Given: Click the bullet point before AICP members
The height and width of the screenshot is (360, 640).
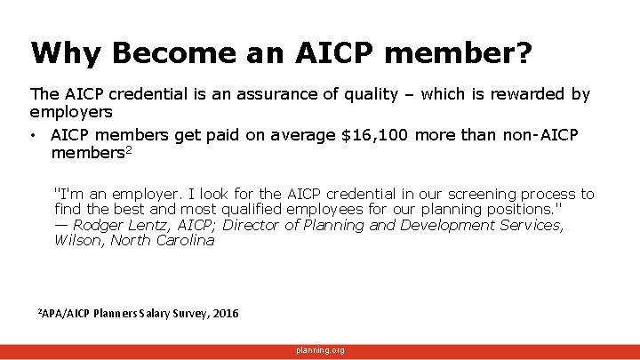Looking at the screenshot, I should [33, 136].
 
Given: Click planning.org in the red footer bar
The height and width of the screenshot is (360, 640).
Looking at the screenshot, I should [320, 351].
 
